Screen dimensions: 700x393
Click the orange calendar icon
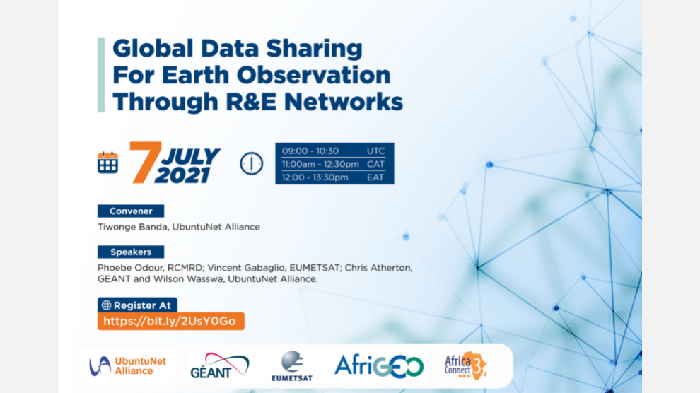107,163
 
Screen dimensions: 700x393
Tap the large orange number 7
145,163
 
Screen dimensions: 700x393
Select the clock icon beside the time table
251,163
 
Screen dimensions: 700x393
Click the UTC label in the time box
375,151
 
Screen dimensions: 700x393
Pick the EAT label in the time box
375,177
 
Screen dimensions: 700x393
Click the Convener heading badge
131,211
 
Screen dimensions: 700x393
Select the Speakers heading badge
131,252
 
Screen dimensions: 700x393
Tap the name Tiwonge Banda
133,227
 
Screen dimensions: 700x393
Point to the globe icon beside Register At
106,305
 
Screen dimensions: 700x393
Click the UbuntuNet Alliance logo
128,366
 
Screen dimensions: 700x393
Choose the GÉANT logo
220,365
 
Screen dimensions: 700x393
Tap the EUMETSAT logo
292,366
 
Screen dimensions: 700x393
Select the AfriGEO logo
379,366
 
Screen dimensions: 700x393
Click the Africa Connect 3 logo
466,365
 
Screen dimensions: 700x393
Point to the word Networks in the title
344,102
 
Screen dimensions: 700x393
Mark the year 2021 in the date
182,175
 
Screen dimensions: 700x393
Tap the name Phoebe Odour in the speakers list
127,268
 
